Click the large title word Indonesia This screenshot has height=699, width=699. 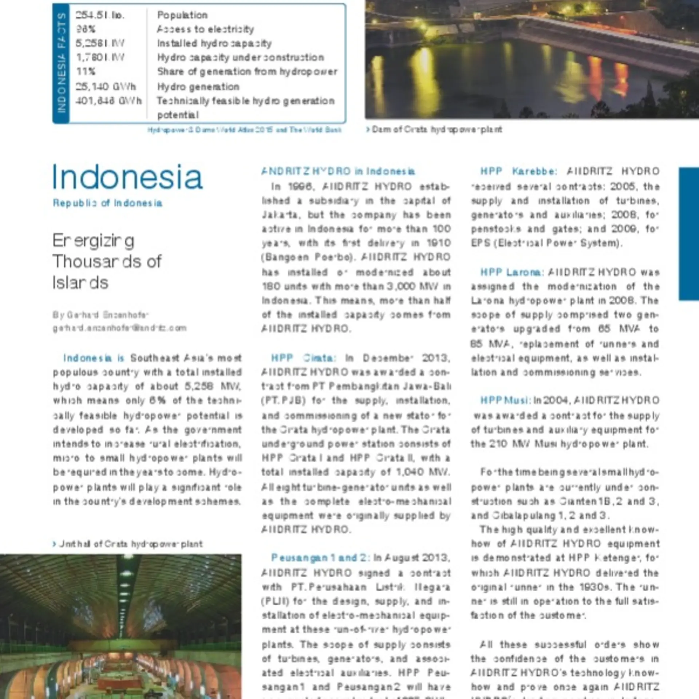point(127,177)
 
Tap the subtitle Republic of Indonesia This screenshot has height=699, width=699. point(107,203)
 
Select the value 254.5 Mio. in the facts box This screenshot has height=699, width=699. point(100,15)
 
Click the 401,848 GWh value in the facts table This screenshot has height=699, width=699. point(108,101)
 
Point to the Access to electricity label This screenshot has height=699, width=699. point(205,29)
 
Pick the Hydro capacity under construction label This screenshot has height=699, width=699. point(240,58)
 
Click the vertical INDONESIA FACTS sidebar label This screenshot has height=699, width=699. point(61,63)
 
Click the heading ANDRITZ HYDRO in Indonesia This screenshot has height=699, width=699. point(338,171)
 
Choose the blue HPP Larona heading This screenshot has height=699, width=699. point(512,272)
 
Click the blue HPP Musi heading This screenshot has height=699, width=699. point(505,400)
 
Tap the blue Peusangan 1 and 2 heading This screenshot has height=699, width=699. point(320,558)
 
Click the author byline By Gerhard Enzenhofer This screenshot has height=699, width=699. point(100,315)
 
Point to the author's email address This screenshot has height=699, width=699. point(120,328)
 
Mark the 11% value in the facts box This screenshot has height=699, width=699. point(86,71)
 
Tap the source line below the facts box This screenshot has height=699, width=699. point(244,130)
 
